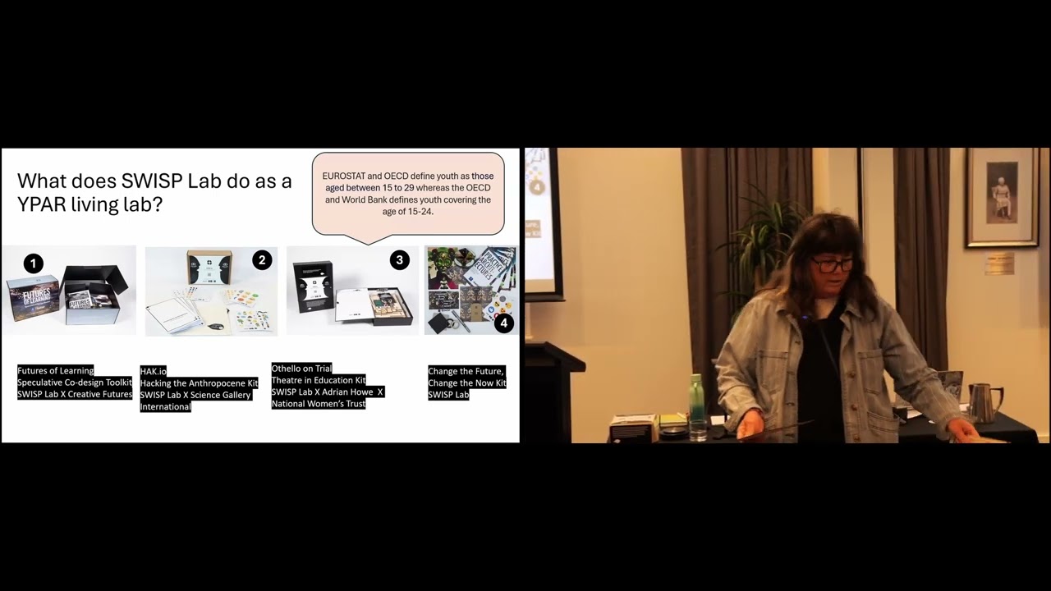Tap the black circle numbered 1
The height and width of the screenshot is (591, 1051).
pos(33,263)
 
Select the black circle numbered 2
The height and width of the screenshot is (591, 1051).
pos(262,260)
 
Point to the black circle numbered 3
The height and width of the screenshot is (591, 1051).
pos(399,260)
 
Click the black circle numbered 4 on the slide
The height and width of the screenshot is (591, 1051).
pos(503,323)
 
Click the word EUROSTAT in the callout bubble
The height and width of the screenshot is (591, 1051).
pos(348,176)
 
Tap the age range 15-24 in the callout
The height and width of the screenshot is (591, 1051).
pos(420,212)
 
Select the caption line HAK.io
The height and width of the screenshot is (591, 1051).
pos(154,372)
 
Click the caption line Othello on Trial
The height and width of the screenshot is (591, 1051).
pos(301,369)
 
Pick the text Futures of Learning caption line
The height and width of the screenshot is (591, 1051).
pos(56,371)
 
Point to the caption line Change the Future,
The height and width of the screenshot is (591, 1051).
pos(466,372)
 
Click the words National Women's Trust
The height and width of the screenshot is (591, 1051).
pos(319,404)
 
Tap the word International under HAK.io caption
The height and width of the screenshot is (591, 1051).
pos(166,407)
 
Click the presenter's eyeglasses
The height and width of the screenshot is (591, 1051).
pos(832,264)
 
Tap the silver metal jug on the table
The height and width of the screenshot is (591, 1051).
pos(982,401)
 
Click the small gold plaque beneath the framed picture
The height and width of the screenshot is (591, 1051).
pos(999,263)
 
